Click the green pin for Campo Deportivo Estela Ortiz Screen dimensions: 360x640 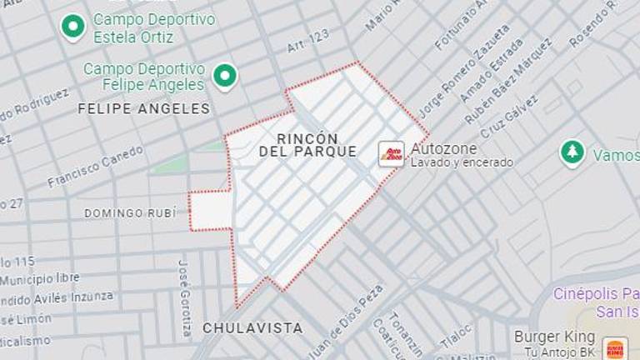pos(73,27)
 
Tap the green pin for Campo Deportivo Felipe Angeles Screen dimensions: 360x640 pos(224,77)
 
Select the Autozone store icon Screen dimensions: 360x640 pos(392,154)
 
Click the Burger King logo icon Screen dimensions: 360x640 pos(615,348)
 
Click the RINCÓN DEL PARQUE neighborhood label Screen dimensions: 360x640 pos(307,145)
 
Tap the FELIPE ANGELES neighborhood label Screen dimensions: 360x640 pos(143,108)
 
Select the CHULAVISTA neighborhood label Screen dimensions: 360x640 pos(252,328)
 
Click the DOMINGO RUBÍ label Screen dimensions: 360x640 pos(130,213)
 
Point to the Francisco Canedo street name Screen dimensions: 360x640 pos(95,167)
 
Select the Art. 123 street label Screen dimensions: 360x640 pos(307,42)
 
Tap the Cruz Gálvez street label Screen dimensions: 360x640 pos(510,117)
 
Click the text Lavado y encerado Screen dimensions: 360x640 pos(462,162)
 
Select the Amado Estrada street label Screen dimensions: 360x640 pos(492,75)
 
